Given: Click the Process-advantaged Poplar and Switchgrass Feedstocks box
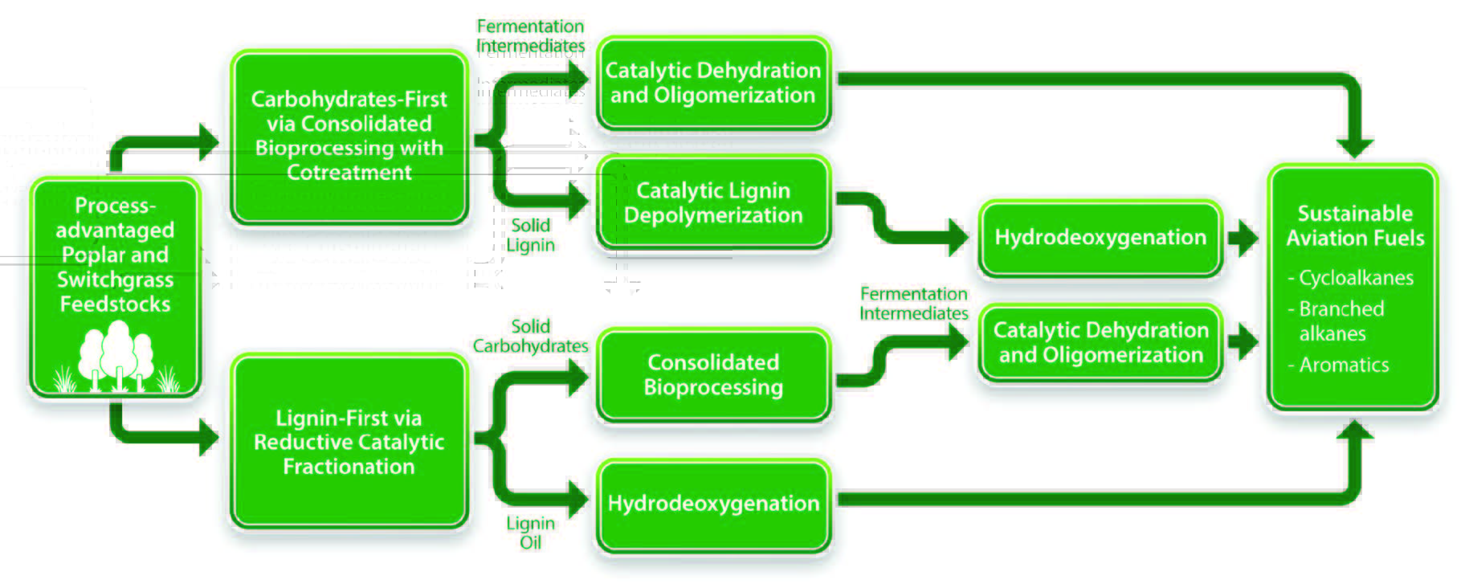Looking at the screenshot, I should click(115, 255).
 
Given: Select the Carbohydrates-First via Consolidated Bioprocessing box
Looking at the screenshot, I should click(349, 137).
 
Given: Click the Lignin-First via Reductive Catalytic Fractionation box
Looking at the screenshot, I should click(349, 442).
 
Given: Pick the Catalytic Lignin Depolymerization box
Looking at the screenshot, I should click(712, 203).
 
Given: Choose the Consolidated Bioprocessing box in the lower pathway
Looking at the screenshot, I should click(712, 374).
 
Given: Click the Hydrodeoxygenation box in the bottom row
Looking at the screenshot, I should click(712, 504).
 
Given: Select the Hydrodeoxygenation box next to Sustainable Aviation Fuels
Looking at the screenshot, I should click(1100, 238).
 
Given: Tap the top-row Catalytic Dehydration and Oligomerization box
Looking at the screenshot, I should click(712, 83).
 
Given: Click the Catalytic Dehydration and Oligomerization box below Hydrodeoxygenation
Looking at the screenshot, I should click(1100, 342).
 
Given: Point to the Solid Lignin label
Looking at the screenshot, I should click(530, 235).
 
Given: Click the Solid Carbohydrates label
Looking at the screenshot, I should click(530, 336).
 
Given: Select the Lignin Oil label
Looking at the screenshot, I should click(530, 533).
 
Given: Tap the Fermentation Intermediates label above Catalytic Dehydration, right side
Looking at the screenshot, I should click(913, 304).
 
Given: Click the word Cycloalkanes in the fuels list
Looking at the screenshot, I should click(1356, 278).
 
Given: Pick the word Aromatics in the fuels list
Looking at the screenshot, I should click(1344, 365).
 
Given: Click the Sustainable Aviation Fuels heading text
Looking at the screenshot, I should click(1355, 226).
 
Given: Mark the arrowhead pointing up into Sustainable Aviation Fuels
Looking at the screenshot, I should click(1355, 431).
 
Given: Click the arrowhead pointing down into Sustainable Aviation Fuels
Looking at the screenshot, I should click(1355, 147).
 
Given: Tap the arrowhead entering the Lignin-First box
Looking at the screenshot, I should click(209, 438).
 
